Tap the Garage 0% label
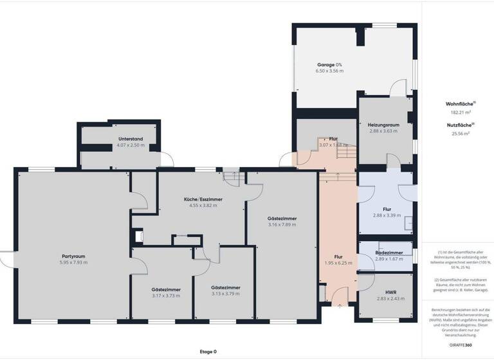pos(329,65)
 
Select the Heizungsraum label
pos(383,125)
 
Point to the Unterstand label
pos(130,139)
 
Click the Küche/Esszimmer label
pos(203,200)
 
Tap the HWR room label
pos(390,292)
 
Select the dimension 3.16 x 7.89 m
pos(282,225)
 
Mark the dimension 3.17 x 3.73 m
pos(165,296)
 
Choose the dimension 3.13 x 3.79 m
pos(225,293)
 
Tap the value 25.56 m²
pos(460,134)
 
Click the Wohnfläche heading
pos(460,104)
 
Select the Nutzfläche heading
pos(460,125)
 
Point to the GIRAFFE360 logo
pos(460,345)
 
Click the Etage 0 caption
pos(208,352)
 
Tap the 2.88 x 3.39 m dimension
pos(387,215)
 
